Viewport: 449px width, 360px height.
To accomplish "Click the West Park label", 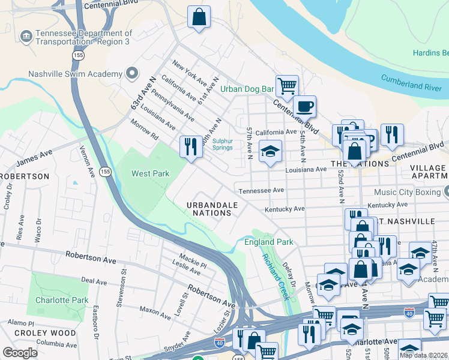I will (151, 174).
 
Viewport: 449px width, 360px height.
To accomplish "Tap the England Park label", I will (268, 242).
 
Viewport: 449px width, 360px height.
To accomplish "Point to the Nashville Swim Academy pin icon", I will (131, 74).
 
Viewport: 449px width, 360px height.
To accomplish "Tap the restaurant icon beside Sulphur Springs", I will (191, 146).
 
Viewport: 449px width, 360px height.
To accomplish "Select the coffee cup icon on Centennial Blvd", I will (304, 106).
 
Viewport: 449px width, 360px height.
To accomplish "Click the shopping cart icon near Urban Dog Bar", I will (287, 85).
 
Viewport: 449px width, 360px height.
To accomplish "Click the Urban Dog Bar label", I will (247, 89).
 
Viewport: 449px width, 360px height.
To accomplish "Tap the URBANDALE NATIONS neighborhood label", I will (212, 209).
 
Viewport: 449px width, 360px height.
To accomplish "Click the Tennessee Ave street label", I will (261, 190).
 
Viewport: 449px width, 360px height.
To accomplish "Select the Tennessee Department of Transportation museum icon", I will (26, 38).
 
